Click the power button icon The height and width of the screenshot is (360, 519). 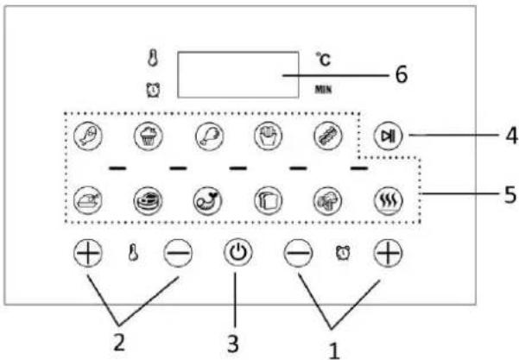238,254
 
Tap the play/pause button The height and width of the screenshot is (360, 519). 388,136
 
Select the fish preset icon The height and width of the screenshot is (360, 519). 88,136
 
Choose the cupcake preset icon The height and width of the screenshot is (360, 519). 149,136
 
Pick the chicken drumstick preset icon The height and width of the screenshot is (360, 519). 210,136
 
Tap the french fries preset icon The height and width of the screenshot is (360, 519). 269,136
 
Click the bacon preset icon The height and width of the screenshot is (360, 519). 328,136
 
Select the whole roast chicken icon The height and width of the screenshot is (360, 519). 88,200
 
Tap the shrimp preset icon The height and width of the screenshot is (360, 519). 208,200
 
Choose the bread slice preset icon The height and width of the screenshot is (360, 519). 269,200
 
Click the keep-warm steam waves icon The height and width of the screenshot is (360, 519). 389,200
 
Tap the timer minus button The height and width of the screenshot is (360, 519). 298,254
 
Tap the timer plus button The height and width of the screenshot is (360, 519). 389,254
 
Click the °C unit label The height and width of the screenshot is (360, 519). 323,60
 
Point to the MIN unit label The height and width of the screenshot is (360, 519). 323,89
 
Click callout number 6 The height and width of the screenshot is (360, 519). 402,75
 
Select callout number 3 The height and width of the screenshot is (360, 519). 233,344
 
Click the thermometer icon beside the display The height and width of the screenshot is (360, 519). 153,59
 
